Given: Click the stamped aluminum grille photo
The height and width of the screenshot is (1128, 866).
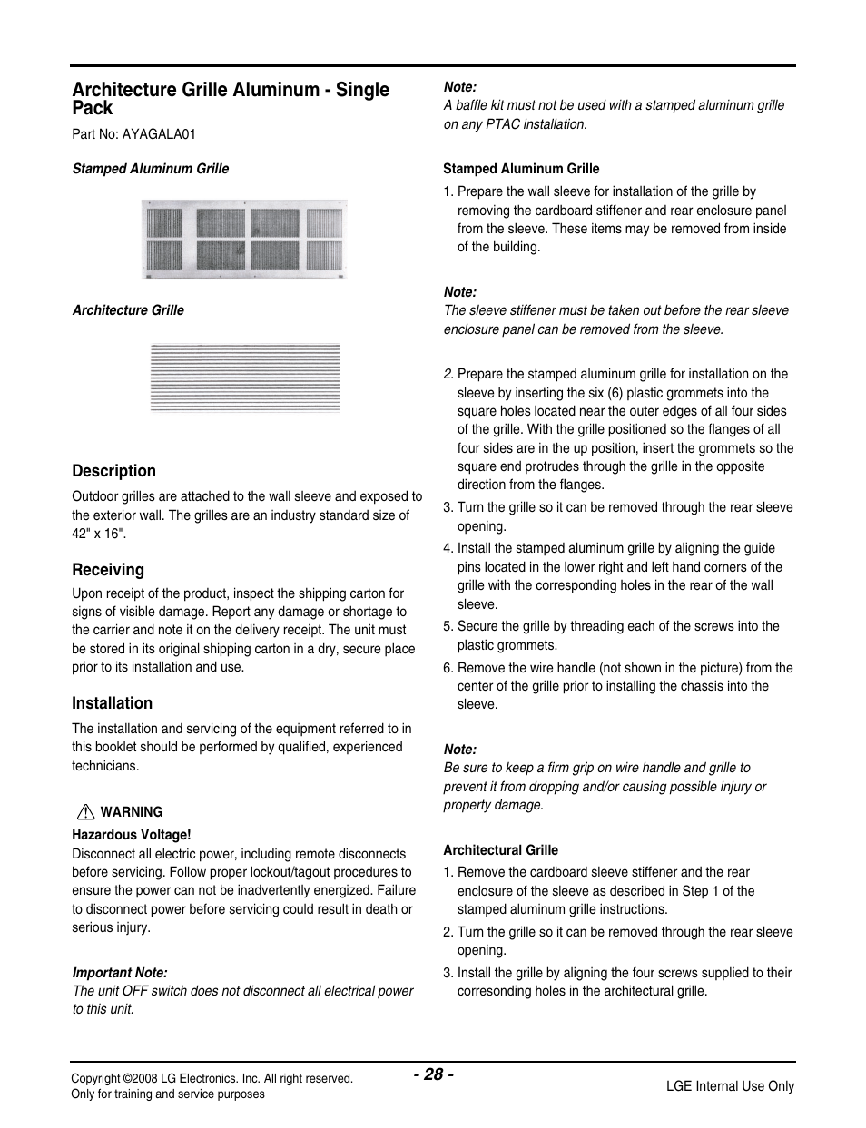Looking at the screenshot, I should coord(244,239).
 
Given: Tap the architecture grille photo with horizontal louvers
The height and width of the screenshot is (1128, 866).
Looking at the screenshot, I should coord(245,378).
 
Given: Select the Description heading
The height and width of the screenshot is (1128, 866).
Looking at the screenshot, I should coord(114,471).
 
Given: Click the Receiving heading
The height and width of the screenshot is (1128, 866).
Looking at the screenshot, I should coord(108,570).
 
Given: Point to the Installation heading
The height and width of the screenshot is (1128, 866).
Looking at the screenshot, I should coord(113,703).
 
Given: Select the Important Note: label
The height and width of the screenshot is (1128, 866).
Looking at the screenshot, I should coord(120,973).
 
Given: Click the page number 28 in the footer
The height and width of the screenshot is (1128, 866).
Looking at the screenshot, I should coord(434,1074).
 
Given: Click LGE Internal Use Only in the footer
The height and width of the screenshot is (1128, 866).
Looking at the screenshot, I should coord(730,1086).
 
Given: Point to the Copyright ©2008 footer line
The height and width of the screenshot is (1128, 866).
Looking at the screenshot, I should coord(212,1078).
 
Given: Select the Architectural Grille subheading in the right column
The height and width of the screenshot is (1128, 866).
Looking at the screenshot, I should coord(500,850).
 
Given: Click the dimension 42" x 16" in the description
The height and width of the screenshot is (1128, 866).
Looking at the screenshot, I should coord(99,534).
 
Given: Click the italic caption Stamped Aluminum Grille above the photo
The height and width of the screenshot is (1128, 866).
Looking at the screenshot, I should coord(151,169).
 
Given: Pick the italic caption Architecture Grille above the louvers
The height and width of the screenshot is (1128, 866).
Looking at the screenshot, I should coord(128,310).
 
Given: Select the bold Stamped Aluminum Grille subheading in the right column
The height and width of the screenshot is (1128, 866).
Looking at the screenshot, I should coord(521,169).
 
